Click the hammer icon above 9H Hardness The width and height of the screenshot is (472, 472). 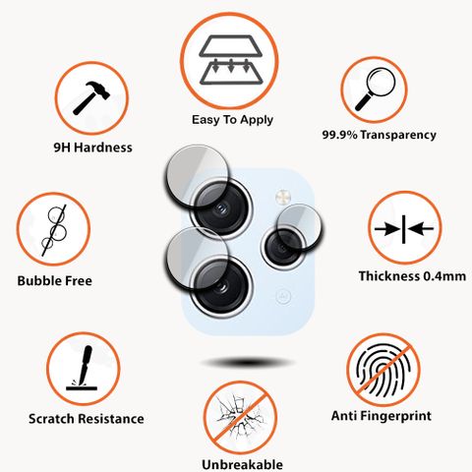coord(91,98)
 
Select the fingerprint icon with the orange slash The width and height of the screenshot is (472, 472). coord(383,370)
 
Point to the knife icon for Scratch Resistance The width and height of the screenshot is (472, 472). coord(83,368)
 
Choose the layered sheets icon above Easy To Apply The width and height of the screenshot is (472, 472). coord(231,60)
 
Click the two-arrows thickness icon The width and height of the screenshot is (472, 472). coord(404,229)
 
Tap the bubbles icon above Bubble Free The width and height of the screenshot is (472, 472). coord(54,231)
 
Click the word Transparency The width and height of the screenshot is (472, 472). coord(398,135)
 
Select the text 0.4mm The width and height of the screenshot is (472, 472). coord(444,276)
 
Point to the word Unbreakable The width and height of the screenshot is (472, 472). coord(242,464)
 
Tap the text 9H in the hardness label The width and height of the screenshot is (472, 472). coord(62,147)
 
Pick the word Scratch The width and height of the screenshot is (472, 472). coord(51,419)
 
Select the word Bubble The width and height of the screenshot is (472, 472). coord(34,281)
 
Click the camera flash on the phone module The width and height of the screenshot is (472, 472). coord(282,197)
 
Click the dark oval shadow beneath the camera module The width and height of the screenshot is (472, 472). coord(247,363)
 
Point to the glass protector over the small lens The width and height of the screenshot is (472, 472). coord(299,227)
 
